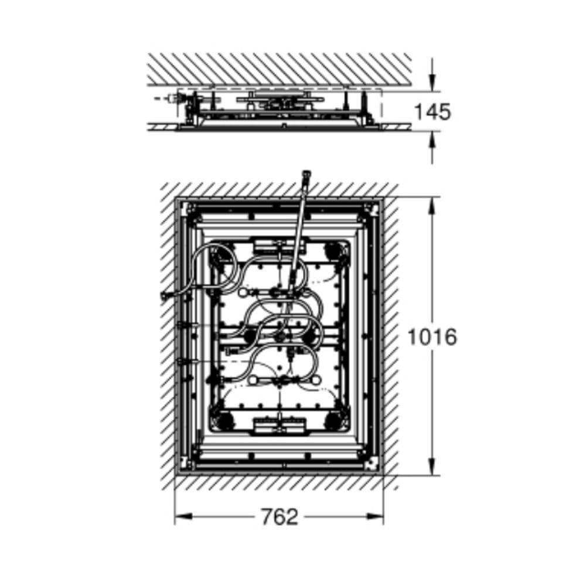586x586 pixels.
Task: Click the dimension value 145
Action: [433, 111]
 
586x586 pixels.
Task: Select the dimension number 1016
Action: [432, 336]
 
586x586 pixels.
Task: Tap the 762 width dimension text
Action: [280, 517]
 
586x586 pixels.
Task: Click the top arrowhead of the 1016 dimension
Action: [432, 205]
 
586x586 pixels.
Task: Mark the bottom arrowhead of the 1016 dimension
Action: [432, 467]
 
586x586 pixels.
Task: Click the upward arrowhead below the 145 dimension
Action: [432, 140]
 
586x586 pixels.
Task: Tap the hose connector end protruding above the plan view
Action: [306, 175]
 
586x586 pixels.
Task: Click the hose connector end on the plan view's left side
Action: [165, 296]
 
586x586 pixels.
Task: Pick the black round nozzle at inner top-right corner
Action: [332, 251]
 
